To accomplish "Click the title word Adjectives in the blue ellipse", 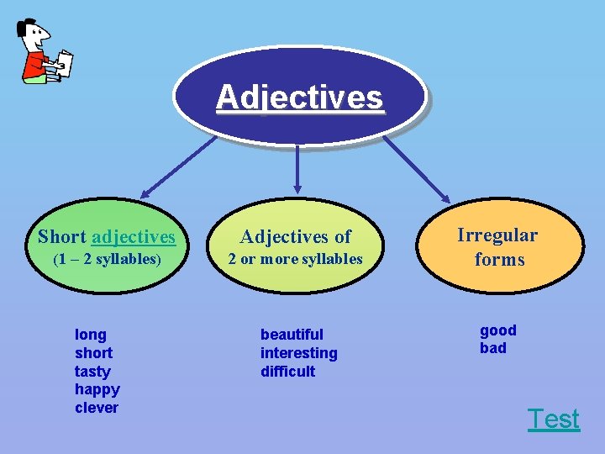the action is [299, 98].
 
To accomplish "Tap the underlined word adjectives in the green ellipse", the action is [134, 237].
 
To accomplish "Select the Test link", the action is [553, 419].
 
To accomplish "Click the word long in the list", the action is [91, 335].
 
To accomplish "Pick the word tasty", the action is [92, 371].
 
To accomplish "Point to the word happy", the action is [97, 389].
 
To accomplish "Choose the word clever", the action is [97, 408].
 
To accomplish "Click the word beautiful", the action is [292, 335].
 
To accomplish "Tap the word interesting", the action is [298, 353].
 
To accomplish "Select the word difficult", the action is [288, 371].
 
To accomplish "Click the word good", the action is [498, 330].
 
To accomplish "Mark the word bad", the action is [493, 348].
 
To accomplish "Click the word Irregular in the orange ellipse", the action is [497, 235].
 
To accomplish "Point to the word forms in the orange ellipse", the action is [499, 259].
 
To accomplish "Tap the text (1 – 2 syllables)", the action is [107, 259].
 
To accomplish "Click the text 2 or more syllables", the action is [296, 259].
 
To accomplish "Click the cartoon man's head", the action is [34, 37].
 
